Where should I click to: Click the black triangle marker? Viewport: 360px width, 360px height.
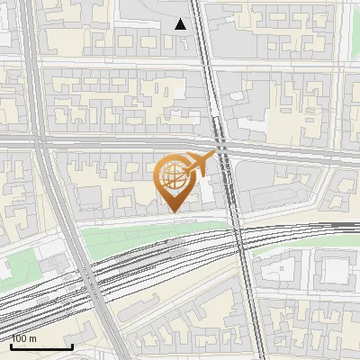pos(181,24)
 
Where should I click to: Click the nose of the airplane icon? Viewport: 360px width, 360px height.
pos(214,156)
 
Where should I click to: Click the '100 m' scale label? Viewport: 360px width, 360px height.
pos(24,338)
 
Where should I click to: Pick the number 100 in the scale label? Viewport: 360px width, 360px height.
pos(20,338)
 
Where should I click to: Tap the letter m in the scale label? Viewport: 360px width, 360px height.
pos(33,338)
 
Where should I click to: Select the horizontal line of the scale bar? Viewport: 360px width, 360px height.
pos(41,346)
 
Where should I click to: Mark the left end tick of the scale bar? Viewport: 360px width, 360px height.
pos(12,345)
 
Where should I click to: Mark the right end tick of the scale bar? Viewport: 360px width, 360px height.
pos(72,345)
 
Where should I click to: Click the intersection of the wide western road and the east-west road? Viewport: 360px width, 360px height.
pos(40,141)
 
